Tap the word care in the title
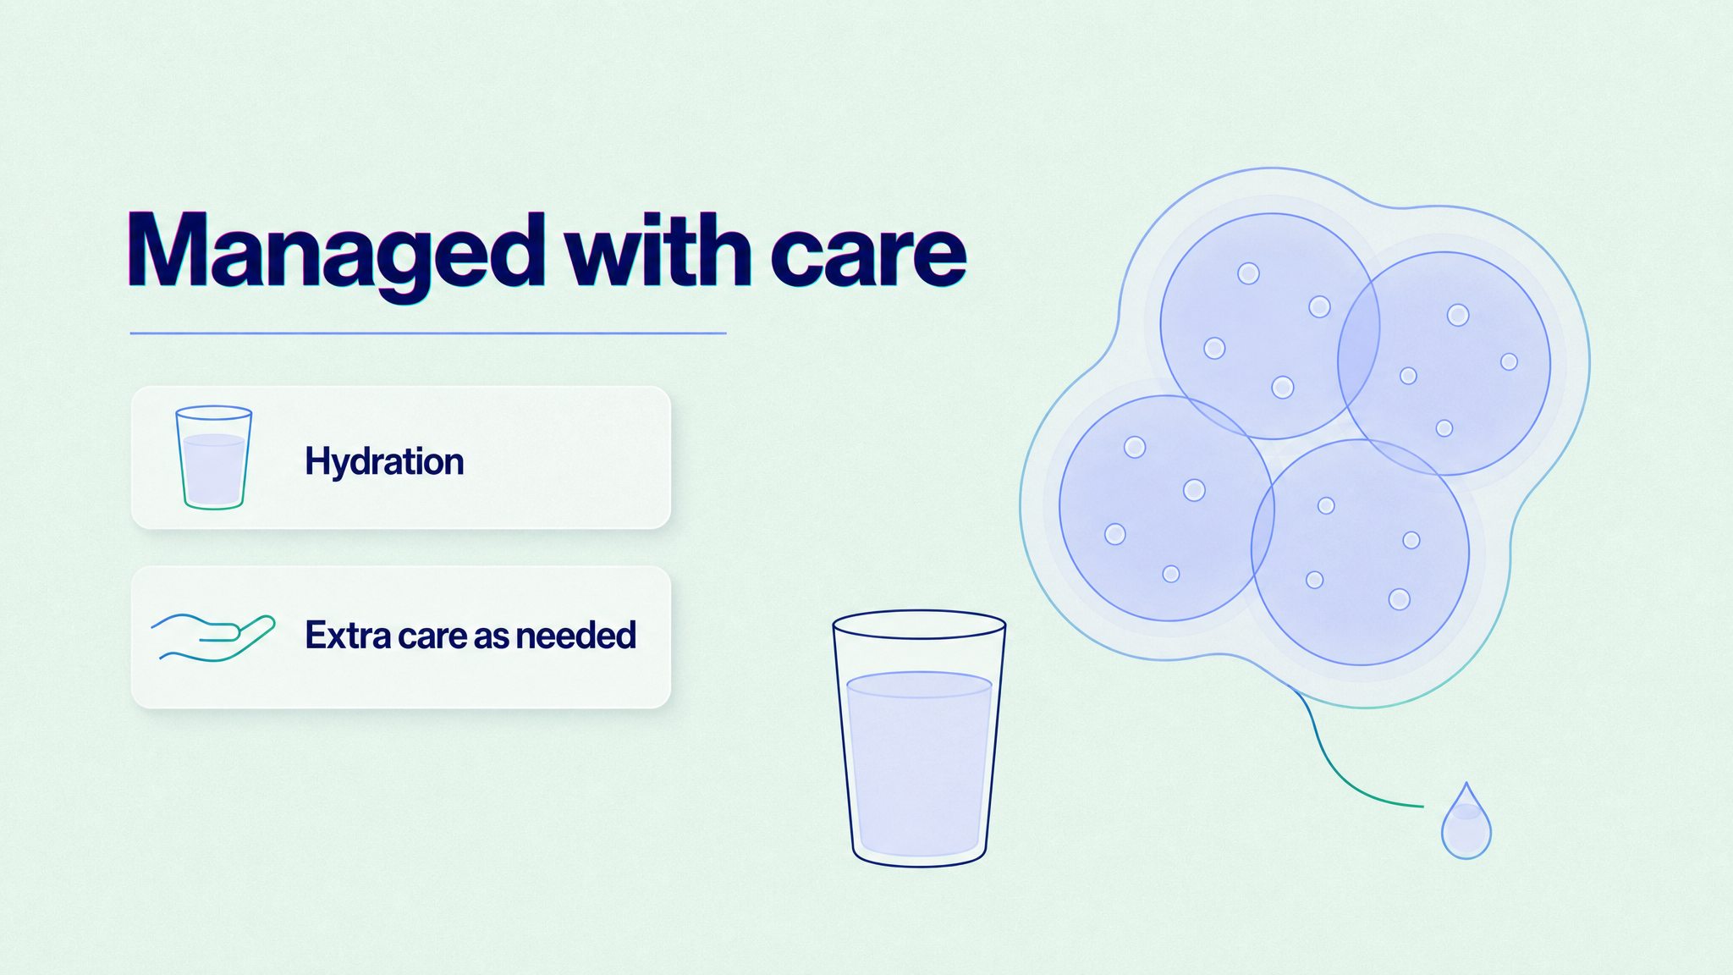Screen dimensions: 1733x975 (868, 252)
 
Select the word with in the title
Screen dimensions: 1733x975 (658, 248)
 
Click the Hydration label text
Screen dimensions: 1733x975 (384, 462)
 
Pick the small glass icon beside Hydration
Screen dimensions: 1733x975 (213, 458)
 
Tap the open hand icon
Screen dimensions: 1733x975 (212, 637)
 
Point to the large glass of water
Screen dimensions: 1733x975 (919, 738)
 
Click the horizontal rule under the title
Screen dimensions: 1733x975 (428, 333)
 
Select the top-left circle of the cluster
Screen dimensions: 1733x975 (1269, 326)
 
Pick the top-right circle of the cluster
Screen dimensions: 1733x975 (1444, 363)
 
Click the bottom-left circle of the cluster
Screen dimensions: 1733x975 (1167, 508)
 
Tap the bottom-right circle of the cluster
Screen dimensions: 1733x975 (1360, 552)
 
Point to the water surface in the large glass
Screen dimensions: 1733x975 (919, 684)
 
